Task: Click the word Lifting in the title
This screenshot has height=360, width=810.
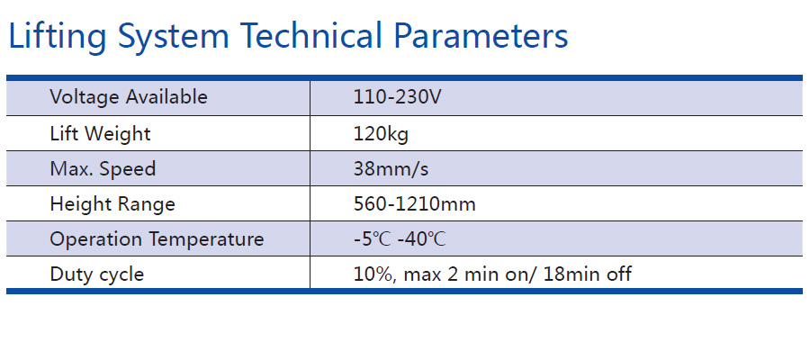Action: pos(58,37)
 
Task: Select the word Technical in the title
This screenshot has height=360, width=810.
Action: pos(310,35)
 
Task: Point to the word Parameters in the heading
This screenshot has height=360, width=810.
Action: pos(481,35)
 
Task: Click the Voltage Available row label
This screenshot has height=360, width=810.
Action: pos(129,96)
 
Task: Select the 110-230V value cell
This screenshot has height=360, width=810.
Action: pos(397,96)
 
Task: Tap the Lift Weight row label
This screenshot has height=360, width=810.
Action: pos(100,134)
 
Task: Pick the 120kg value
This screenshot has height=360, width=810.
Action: pos(381,134)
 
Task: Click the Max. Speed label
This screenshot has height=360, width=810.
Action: pos(103,169)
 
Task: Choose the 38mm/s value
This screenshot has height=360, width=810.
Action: pos(391,169)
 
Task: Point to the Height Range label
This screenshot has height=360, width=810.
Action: pos(112,204)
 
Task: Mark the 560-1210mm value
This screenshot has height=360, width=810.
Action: pos(414,204)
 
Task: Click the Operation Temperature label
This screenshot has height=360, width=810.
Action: pos(157,239)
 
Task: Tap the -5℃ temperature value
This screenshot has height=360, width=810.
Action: pos(373,239)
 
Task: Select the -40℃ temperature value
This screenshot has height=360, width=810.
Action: pos(421,239)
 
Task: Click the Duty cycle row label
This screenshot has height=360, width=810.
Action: pos(97,274)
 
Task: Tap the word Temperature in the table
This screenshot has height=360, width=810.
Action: pos(207,239)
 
